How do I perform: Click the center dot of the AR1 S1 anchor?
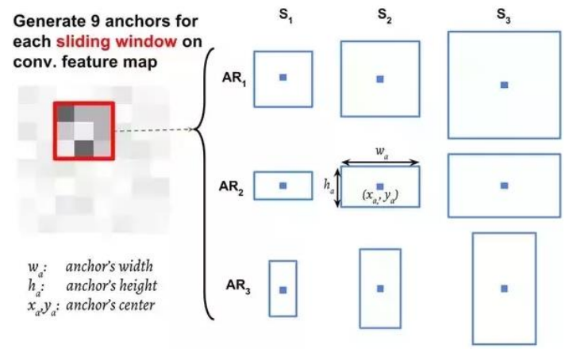tap(283, 77)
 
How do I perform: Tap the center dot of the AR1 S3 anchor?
tap(504, 84)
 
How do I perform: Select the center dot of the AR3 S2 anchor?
tap(379, 288)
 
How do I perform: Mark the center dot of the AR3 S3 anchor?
tap(504, 288)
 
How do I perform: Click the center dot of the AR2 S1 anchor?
tap(283, 185)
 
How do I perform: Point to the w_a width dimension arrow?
tap(379, 162)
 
